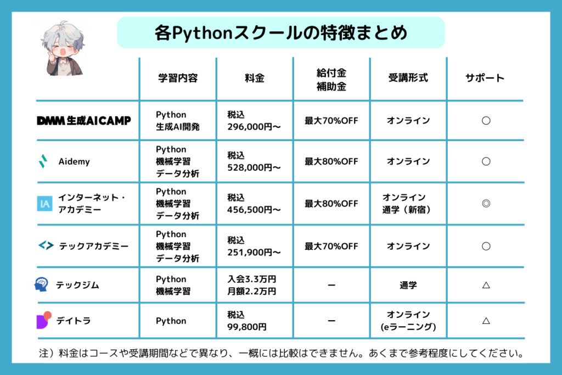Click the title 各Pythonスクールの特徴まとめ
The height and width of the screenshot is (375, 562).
[x=280, y=32]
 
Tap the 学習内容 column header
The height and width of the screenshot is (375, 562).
[x=178, y=78]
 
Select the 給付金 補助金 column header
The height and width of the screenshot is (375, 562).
[x=331, y=80]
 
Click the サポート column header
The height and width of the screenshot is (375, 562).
[x=485, y=78]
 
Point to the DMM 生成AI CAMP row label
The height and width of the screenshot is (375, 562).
[x=84, y=121]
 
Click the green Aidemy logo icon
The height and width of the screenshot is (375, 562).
[x=43, y=161]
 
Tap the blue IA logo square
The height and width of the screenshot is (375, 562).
[x=45, y=204]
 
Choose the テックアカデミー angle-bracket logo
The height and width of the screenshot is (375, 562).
[x=46, y=245]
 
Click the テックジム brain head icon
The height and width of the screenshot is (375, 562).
[x=41, y=284]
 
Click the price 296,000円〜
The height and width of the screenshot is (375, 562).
[x=254, y=127]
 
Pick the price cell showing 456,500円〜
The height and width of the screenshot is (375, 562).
[x=254, y=204]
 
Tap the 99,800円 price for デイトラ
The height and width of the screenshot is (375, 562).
[x=247, y=327]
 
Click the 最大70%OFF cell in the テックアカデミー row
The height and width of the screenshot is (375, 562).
[x=331, y=247]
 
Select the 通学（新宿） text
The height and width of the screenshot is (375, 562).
[x=406, y=210]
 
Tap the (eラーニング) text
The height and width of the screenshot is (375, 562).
[x=408, y=327]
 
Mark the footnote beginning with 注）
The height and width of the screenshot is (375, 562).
[x=281, y=354]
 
